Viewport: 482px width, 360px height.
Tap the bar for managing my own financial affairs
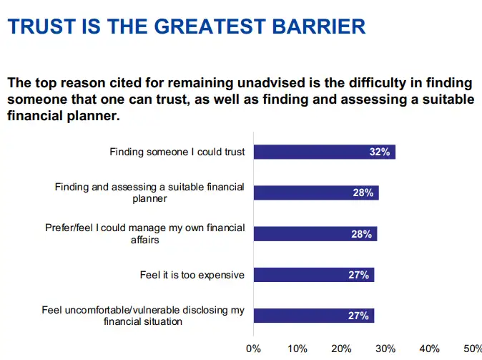point(315,234)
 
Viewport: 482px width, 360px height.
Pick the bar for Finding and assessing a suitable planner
point(315,193)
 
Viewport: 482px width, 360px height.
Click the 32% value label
point(379,152)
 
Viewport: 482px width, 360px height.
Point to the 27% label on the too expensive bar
point(358,275)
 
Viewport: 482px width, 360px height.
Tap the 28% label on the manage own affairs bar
point(361,234)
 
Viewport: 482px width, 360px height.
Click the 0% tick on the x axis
point(253,349)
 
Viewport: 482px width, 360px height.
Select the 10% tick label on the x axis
point(297,349)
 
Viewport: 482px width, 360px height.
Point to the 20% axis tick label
point(341,349)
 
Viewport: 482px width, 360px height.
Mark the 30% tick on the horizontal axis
point(385,349)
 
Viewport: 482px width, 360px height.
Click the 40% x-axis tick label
point(430,349)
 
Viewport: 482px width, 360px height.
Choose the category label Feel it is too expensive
point(192,275)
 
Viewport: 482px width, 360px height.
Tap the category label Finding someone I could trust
point(177,152)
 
